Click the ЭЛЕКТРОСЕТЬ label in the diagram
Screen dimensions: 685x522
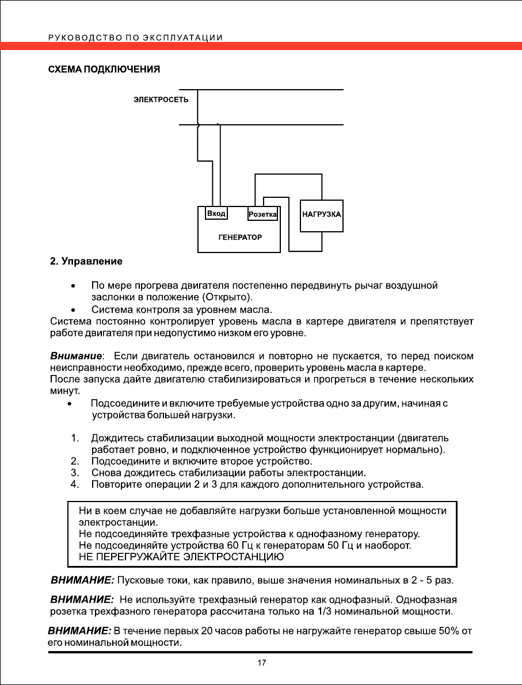(x=157, y=100)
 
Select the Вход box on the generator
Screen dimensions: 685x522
(x=216, y=213)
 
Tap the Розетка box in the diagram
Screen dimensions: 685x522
(x=262, y=215)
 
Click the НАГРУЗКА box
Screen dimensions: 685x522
(x=322, y=214)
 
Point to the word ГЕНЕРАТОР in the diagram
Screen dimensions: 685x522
(x=240, y=237)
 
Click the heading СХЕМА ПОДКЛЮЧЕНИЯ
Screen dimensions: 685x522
(x=103, y=70)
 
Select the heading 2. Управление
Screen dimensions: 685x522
(x=85, y=262)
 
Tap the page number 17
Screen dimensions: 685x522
(x=261, y=663)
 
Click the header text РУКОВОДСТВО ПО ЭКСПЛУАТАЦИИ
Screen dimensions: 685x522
(x=135, y=38)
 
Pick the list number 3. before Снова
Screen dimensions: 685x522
(x=74, y=473)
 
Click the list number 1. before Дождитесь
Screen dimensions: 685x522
(x=74, y=439)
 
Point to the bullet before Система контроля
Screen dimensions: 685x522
(x=73, y=311)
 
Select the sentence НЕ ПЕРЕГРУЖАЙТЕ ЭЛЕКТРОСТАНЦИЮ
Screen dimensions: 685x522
(x=181, y=557)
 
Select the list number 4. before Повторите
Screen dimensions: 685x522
(x=74, y=484)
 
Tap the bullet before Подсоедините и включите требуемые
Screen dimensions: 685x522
(x=70, y=404)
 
